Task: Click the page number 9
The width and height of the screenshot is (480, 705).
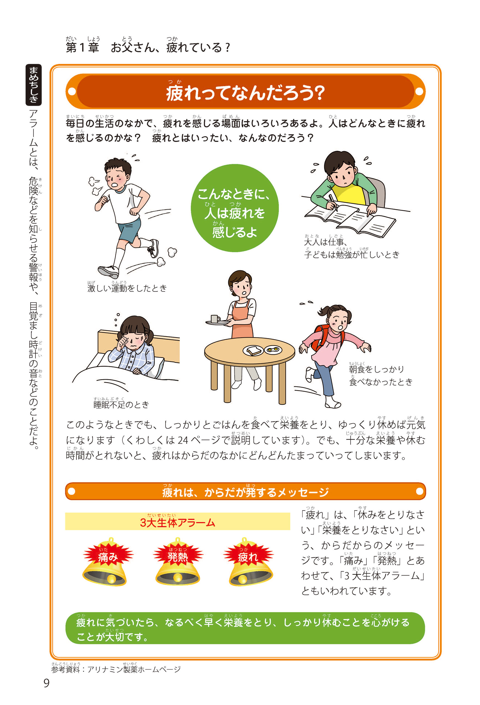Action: coord(46,683)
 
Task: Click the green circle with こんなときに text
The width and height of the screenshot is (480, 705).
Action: coord(235,208)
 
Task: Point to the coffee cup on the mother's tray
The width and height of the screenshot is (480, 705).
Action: coord(215,319)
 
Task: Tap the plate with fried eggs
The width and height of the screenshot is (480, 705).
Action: coord(273,350)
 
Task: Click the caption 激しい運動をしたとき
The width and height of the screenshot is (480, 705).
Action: coord(127,288)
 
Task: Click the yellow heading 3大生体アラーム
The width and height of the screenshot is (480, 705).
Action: coord(177,522)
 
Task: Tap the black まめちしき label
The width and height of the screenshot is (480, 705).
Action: coord(34,85)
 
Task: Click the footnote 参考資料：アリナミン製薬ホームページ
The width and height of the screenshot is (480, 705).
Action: coord(116,669)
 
